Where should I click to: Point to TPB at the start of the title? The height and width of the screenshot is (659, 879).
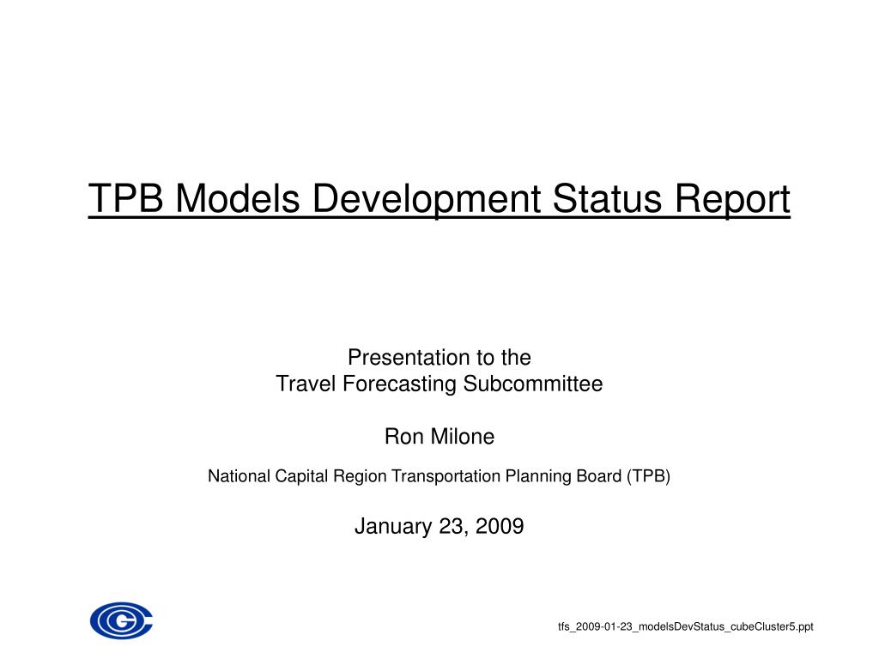pyautogui.click(x=126, y=200)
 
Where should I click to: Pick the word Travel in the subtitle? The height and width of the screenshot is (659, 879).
pyautogui.click(x=306, y=384)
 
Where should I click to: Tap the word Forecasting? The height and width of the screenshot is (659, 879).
pyautogui.click(x=400, y=384)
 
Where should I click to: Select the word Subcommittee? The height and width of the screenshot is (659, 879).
pyautogui.click(x=534, y=384)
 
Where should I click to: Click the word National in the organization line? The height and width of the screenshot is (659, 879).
pyautogui.click(x=237, y=476)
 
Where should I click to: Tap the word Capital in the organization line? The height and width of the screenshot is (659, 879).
pyautogui.click(x=301, y=476)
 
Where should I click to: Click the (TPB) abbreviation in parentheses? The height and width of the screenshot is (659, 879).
pyautogui.click(x=647, y=476)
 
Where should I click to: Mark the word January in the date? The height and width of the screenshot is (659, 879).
pyautogui.click(x=391, y=526)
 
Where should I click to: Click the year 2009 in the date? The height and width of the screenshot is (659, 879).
pyautogui.click(x=499, y=526)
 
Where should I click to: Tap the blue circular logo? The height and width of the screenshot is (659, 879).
pyautogui.click(x=121, y=620)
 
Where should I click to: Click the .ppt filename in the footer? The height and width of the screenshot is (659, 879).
pyautogui.click(x=685, y=627)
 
